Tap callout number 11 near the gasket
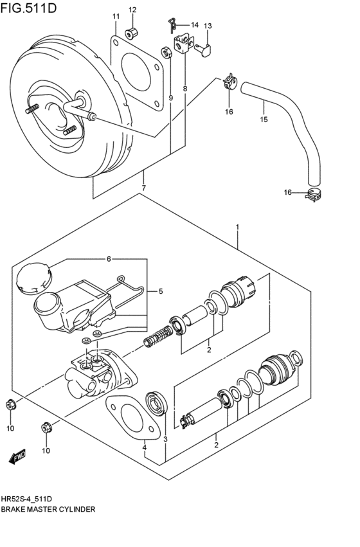(x=116, y=16)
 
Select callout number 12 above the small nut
(x=132, y=10)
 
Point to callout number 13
(x=208, y=26)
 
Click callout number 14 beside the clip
(x=194, y=24)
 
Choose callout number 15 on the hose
(x=263, y=119)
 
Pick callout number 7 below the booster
(x=143, y=188)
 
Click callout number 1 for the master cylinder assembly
(x=237, y=227)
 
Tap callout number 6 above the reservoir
(x=109, y=258)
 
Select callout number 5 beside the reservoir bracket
(x=160, y=291)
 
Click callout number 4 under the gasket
(x=145, y=447)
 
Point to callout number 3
(x=165, y=439)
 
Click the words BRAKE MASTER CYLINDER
(x=48, y=509)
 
